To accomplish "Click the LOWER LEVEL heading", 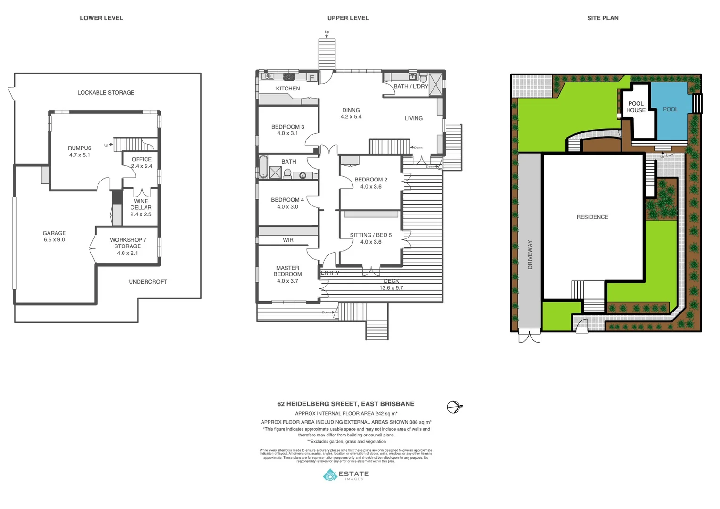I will click(101, 18).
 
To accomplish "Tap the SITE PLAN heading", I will click(603, 18).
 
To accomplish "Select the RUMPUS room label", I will click(80, 151).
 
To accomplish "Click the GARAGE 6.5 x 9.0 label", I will click(54, 236).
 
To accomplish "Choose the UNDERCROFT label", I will click(148, 282).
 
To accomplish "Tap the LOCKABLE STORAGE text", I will click(106, 93).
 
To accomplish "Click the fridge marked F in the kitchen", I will click(312, 78).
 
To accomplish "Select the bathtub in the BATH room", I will click(263, 166).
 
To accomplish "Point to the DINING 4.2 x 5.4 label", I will click(351, 114).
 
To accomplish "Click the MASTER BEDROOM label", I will click(287, 274).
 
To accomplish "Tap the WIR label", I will click(288, 240).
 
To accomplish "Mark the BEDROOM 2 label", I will click(371, 183).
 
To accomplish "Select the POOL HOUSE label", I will click(636, 107).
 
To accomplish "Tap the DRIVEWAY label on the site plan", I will click(530, 254).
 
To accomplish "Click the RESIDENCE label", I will click(592, 217).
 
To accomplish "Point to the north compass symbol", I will click(453, 407).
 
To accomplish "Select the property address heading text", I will click(346, 404).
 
